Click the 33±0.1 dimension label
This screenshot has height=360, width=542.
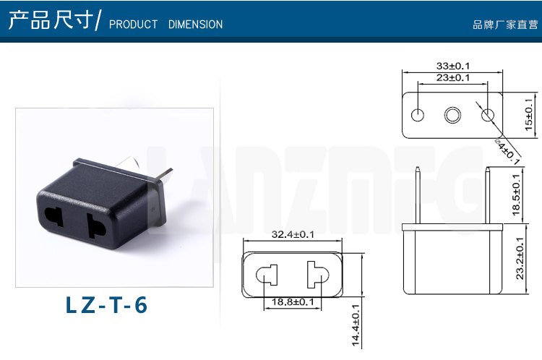click(x=453, y=66)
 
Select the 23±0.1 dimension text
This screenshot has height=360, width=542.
click(x=453, y=77)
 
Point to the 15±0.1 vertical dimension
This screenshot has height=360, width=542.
click(x=529, y=115)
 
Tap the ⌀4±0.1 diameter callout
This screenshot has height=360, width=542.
click(x=507, y=152)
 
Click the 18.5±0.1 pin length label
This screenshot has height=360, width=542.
click(x=516, y=194)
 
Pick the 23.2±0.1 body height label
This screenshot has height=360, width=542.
click(x=520, y=258)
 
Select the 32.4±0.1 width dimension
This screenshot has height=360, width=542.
click(x=293, y=234)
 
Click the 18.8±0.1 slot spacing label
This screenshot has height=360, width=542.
click(x=293, y=302)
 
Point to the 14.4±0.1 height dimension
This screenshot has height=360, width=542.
click(x=356, y=325)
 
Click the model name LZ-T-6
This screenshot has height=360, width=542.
click(x=106, y=305)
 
